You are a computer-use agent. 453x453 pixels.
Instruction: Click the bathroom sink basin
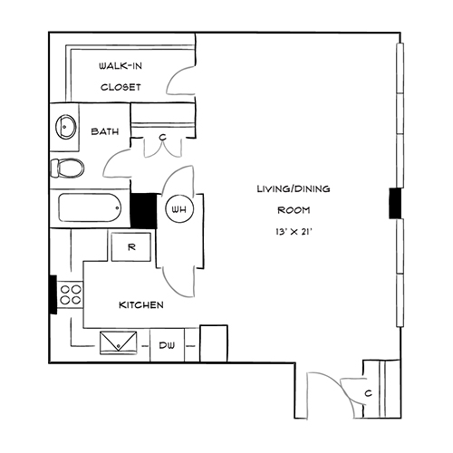point(66,127)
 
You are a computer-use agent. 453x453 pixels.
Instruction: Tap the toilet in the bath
point(67,168)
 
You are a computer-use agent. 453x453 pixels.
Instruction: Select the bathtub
point(90,207)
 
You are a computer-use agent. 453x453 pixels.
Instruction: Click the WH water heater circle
point(179,209)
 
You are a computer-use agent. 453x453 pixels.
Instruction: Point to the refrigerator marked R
point(131,247)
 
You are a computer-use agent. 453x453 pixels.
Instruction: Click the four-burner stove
point(71,294)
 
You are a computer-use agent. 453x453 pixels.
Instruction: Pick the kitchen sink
point(118,342)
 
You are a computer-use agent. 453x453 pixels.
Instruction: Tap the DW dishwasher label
point(167,345)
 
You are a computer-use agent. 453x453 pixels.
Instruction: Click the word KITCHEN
point(141,305)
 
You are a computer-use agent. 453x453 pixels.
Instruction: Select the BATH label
point(105,131)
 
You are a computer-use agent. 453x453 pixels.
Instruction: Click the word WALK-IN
point(120,66)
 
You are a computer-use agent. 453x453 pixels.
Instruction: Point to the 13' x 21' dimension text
point(294,232)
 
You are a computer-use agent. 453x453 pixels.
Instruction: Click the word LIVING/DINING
point(294,189)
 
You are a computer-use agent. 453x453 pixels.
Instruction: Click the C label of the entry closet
point(368,393)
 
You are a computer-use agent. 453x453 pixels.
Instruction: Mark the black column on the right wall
point(395,203)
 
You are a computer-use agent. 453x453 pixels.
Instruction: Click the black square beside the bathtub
point(143,211)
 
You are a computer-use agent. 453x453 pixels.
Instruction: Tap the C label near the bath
point(163,138)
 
